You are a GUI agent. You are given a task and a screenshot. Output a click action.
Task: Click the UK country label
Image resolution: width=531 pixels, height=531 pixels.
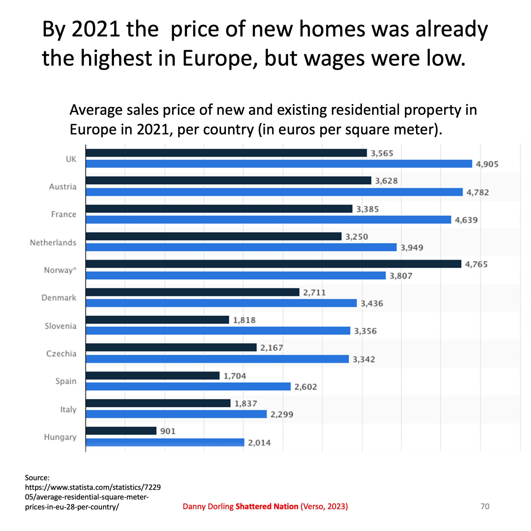coord(71,159)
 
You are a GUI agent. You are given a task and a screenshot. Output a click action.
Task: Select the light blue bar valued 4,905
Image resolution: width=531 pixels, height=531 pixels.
coord(279,164)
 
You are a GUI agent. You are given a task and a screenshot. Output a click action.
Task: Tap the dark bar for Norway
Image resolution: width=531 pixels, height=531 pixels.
coord(273,264)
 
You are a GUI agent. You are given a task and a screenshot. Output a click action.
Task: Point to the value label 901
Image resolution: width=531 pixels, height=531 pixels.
coord(168,431)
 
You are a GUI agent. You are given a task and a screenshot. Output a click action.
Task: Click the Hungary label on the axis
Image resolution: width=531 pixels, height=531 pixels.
coord(60,437)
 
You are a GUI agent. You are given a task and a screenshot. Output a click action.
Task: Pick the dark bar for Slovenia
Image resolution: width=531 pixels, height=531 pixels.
coord(157,320)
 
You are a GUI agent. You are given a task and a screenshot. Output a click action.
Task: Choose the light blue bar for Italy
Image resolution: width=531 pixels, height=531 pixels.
coord(176,414)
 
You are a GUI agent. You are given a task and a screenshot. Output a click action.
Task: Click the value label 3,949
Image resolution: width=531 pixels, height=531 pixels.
coord(412,248)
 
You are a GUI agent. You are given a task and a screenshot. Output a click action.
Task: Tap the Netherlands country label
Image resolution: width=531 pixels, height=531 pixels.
coord(53,243)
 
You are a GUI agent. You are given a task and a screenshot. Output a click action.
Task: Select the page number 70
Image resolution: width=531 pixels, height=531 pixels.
coord(485,506)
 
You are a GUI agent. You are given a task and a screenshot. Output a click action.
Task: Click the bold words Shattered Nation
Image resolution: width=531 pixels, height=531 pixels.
coord(267,506)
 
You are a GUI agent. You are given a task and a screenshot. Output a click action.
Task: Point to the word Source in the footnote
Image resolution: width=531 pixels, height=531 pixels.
coord(37,478)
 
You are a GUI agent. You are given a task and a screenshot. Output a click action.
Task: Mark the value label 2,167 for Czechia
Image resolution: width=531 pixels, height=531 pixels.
coord(272,348)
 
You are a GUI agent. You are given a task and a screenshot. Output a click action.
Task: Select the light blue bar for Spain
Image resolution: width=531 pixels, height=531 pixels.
coord(188,386)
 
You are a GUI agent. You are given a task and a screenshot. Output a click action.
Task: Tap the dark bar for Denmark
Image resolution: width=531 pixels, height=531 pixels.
coord(192,292)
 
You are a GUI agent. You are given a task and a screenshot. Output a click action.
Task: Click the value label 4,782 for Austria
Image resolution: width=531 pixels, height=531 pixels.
coord(478,192)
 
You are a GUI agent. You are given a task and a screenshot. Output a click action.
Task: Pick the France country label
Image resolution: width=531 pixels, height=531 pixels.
coord(64,214)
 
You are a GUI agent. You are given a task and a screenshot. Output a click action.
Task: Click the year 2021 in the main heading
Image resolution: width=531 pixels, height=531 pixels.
coord(96,29)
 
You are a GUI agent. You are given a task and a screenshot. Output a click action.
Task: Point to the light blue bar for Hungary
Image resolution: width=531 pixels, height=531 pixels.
coord(165,442)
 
